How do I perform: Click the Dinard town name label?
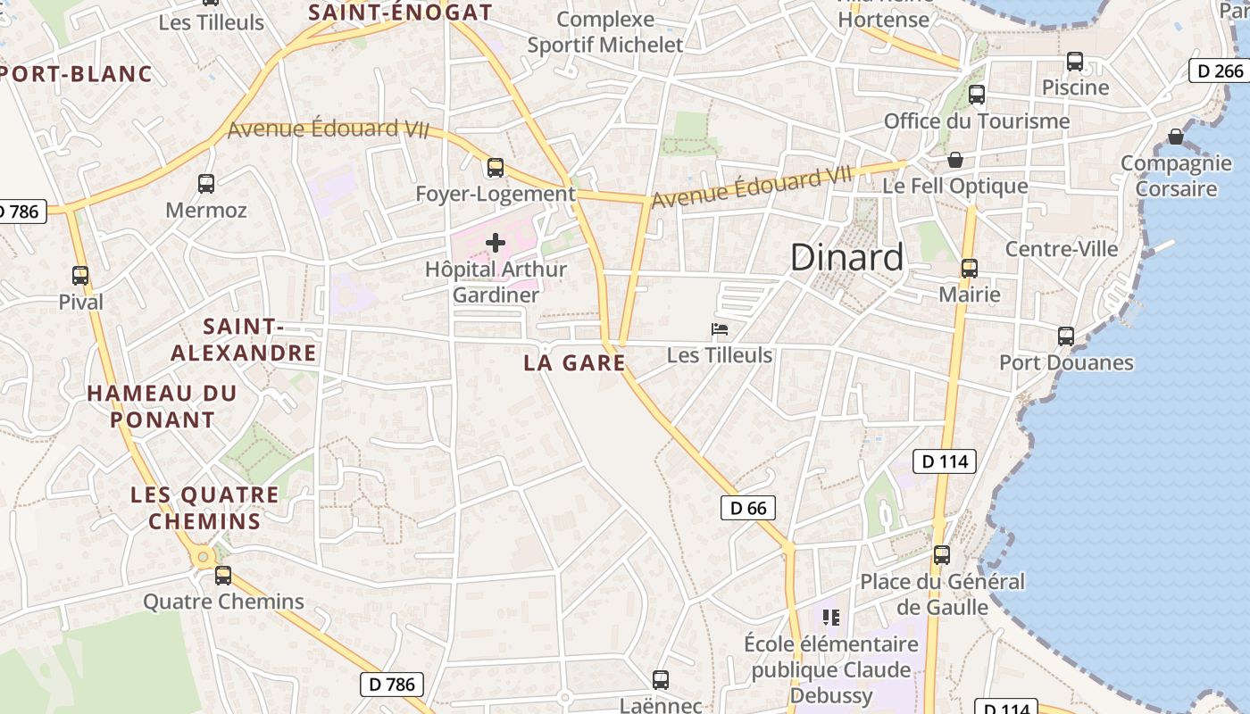(x=846, y=258)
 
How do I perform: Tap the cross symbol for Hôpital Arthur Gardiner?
(x=496, y=242)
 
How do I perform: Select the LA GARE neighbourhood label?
(x=574, y=362)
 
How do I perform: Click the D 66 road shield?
(x=747, y=508)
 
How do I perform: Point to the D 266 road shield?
(x=1218, y=71)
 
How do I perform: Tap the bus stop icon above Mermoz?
(x=206, y=184)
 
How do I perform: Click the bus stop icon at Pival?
(x=80, y=276)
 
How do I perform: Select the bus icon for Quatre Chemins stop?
(x=223, y=576)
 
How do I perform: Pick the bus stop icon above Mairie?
(x=969, y=268)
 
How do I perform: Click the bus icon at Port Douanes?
(x=1066, y=336)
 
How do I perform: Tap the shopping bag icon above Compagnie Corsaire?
(x=1176, y=137)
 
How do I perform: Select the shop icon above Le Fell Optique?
(x=955, y=160)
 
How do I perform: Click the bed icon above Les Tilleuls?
(x=720, y=329)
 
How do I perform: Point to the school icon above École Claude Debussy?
(x=831, y=617)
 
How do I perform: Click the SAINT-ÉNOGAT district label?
(x=400, y=12)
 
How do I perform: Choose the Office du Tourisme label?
(x=976, y=121)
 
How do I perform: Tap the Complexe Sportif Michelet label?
(x=605, y=32)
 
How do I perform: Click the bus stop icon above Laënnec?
(x=661, y=680)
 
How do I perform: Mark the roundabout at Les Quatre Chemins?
(x=203, y=558)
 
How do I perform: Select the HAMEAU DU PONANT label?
(x=162, y=406)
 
